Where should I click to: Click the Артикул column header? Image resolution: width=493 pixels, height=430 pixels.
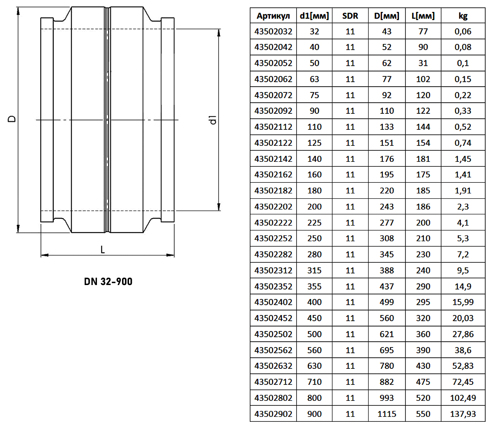click(273, 16)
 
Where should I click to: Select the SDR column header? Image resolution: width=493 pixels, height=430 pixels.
click(350, 16)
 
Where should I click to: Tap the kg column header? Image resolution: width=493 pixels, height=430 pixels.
click(463, 16)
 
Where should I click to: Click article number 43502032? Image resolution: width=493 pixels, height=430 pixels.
click(273, 31)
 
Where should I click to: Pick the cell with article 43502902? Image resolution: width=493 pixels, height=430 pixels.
click(273, 414)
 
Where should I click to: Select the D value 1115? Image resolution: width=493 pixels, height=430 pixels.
click(387, 414)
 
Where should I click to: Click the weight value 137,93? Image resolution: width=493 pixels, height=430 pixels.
click(463, 414)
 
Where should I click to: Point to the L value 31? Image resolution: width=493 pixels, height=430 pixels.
click(423, 63)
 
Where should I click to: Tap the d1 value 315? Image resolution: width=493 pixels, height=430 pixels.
click(314, 270)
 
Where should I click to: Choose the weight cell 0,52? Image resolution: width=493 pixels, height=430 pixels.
click(463, 127)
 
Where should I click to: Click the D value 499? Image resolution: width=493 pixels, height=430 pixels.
click(387, 302)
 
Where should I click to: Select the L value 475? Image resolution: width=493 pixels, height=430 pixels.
click(423, 382)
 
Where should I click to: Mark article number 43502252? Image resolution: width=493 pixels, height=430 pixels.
click(273, 238)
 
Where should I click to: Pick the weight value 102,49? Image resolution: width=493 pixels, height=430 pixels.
click(463, 398)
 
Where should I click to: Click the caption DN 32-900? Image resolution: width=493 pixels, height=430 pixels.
click(108, 281)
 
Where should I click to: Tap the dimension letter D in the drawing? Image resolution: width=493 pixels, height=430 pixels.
click(12, 119)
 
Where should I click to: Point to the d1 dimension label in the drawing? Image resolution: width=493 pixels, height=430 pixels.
click(213, 120)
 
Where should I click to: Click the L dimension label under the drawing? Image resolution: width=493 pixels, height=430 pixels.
click(103, 250)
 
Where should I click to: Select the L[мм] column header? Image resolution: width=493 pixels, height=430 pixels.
click(423, 16)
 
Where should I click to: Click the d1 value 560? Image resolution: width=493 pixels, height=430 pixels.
click(314, 350)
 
